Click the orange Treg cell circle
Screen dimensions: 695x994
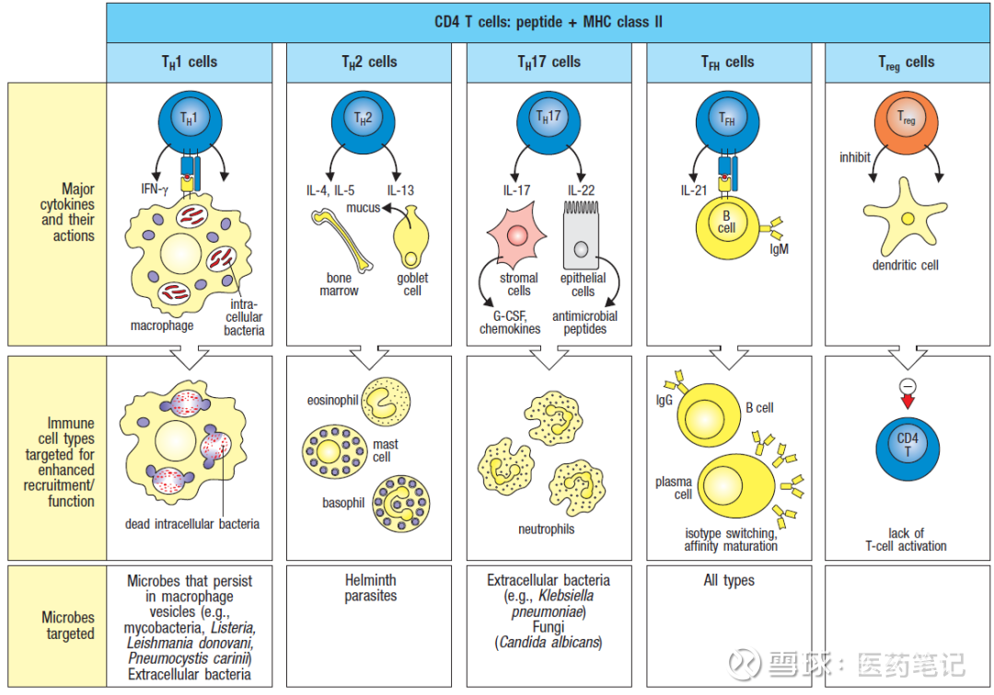click(907, 122)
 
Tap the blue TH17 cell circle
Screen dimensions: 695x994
click(548, 121)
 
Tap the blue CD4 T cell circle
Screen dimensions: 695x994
click(907, 446)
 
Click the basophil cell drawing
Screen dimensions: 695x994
click(400, 504)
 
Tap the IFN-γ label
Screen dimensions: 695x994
click(155, 189)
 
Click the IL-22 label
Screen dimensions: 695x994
click(581, 190)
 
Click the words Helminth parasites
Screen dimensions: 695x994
click(370, 588)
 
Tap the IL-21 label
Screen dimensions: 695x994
click(695, 190)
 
